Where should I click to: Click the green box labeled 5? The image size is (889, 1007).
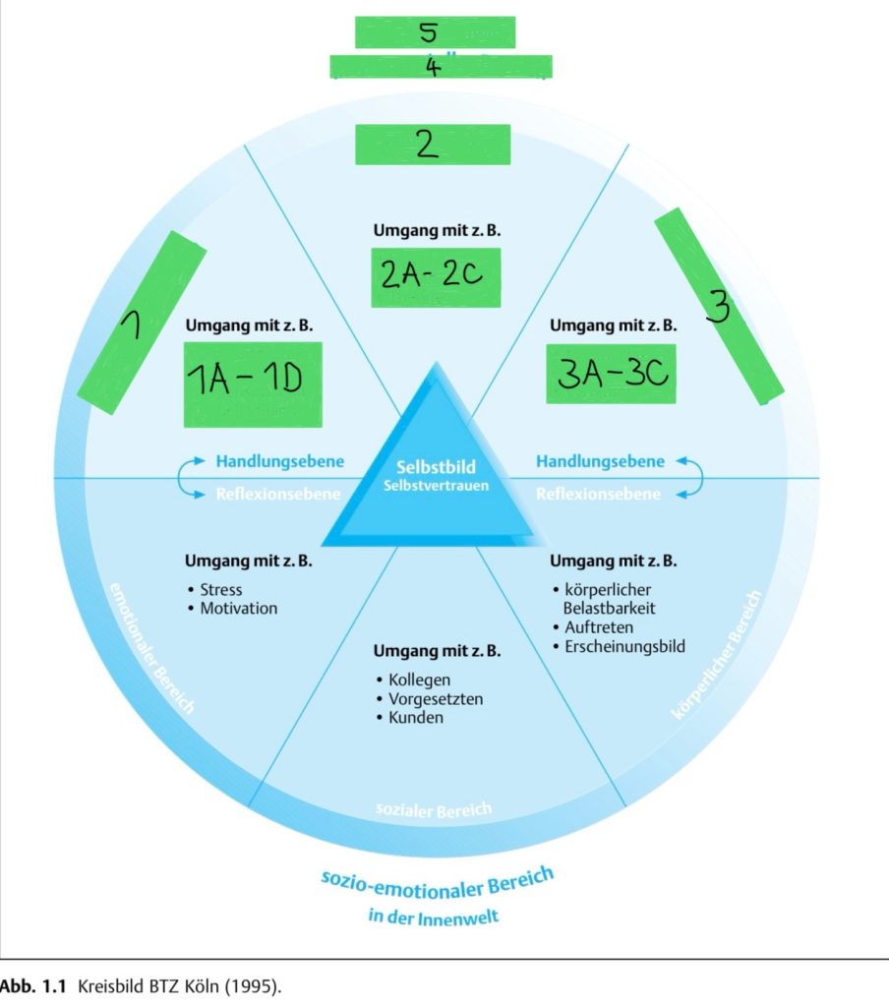[435, 31]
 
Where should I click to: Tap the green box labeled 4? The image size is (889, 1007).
[441, 67]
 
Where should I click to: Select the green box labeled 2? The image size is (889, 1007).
[433, 145]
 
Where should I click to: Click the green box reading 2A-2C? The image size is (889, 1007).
[436, 276]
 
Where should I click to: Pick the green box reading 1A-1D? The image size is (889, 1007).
[253, 384]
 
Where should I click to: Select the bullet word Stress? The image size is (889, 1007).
[220, 590]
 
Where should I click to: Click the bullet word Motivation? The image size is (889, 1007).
[238, 609]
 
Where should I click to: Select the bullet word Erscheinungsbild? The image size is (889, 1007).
[624, 646]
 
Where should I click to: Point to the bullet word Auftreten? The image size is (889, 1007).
[599, 627]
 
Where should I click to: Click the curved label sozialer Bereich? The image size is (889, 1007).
[433, 809]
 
